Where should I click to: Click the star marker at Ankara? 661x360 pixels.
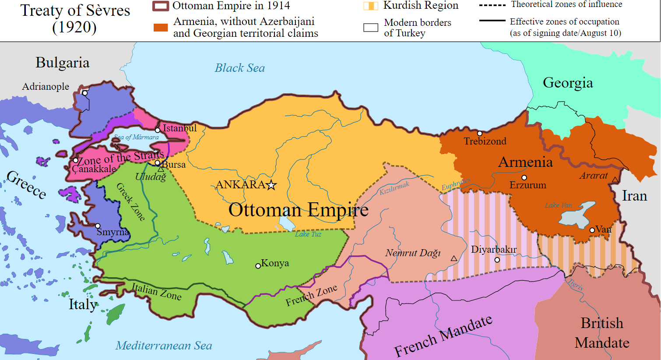point(271,185)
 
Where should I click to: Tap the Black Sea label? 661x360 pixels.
point(239,68)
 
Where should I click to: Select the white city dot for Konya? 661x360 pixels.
point(258,266)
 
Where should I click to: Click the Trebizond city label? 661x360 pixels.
point(485,141)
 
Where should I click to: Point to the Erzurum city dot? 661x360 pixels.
point(524,177)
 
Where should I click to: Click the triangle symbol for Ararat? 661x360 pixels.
point(615,180)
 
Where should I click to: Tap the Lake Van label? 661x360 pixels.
point(558,205)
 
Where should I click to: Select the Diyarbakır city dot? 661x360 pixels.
point(497,260)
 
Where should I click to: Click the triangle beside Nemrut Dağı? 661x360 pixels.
point(454,258)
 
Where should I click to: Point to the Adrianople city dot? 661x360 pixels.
point(85,93)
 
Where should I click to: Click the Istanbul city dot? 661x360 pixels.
point(158,130)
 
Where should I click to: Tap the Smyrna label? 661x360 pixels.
point(113,232)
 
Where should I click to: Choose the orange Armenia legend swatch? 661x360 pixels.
point(161,28)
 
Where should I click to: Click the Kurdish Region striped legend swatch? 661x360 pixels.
point(370,6)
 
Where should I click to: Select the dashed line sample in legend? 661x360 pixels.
point(492,5)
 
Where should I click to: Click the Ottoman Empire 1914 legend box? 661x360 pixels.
point(160,6)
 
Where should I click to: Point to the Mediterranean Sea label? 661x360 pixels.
point(164,346)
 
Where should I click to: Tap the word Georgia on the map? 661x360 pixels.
point(568,82)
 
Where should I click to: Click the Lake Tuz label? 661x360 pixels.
point(308,234)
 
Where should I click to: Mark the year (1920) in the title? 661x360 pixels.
point(74,27)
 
